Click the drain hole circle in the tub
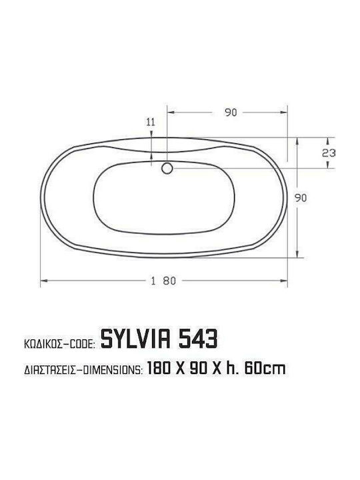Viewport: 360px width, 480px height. (x=167, y=168)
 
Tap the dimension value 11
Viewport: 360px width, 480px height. (x=151, y=122)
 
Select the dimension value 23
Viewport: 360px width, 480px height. (x=329, y=153)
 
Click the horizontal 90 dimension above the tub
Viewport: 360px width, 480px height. (x=231, y=113)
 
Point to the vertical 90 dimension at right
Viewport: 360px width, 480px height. (x=301, y=198)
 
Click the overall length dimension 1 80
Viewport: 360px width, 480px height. (x=164, y=281)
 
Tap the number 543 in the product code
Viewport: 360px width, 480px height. (x=198, y=339)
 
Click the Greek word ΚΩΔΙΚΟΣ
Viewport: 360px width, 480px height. (x=43, y=344)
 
